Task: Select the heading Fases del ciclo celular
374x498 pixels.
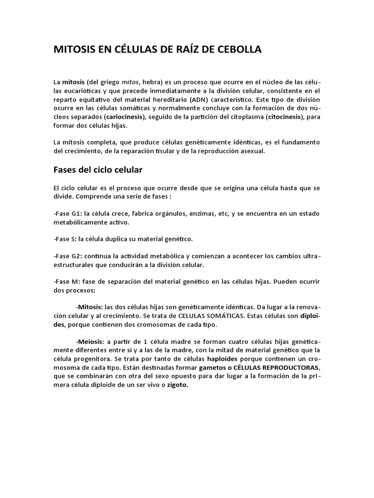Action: pyautogui.click(x=97, y=170)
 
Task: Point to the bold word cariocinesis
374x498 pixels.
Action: pyautogui.click(x=129, y=117)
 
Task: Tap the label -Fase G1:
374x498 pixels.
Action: pyautogui.click(x=67, y=214)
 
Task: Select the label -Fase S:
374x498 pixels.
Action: pyautogui.click(x=65, y=239)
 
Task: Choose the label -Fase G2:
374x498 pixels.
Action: pyautogui.click(x=67, y=256)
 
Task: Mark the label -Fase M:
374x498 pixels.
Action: pyautogui.click(x=67, y=282)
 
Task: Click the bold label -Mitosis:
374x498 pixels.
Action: pyautogui.click(x=89, y=307)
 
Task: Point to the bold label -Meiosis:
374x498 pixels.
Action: pyautogui.click(x=90, y=341)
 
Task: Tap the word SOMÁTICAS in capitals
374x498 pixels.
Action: pyautogui.click(x=217, y=316)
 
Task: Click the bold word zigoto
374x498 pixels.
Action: pyautogui.click(x=178, y=385)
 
